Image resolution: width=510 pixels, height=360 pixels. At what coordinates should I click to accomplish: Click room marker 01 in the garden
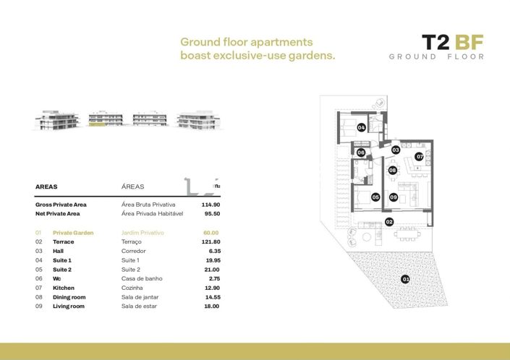[x=406, y=279]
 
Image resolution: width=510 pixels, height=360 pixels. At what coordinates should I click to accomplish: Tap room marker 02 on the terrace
[x=389, y=222]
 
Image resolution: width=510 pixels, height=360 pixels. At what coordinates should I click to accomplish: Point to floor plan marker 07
[x=419, y=156]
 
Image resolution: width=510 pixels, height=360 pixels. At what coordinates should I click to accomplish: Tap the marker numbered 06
[x=361, y=153]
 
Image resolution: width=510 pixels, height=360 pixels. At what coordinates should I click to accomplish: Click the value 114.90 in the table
[x=210, y=205]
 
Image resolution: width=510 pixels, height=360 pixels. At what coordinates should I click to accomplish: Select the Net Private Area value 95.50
[x=211, y=214]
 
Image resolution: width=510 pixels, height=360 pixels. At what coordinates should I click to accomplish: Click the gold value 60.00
[x=211, y=233]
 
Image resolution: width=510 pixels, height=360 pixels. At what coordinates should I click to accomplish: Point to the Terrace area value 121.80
[x=210, y=241]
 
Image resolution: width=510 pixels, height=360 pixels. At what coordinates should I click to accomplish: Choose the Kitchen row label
[x=64, y=288]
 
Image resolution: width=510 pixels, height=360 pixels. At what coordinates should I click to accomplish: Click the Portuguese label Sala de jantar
[x=140, y=297]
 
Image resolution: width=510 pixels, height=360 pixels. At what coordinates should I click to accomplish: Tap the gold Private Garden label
[x=73, y=233]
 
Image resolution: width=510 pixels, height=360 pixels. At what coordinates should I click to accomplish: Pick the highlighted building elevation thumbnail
[x=106, y=120]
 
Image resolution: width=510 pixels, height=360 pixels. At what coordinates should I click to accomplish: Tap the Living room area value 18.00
[x=211, y=307]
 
